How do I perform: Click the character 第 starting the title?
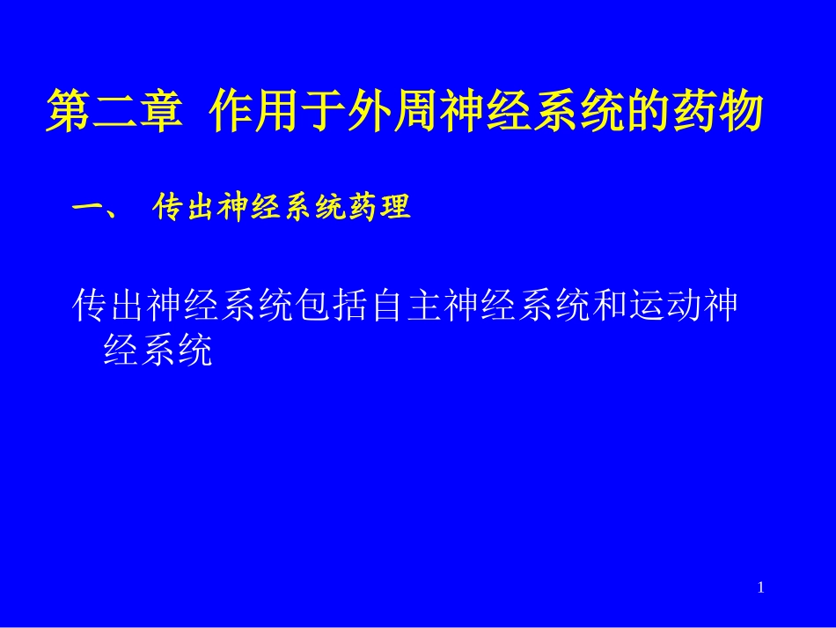tap(68, 111)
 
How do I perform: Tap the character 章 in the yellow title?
tap(159, 111)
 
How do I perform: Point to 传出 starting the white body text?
tap(108, 306)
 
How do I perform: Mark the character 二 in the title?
tap(114, 111)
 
